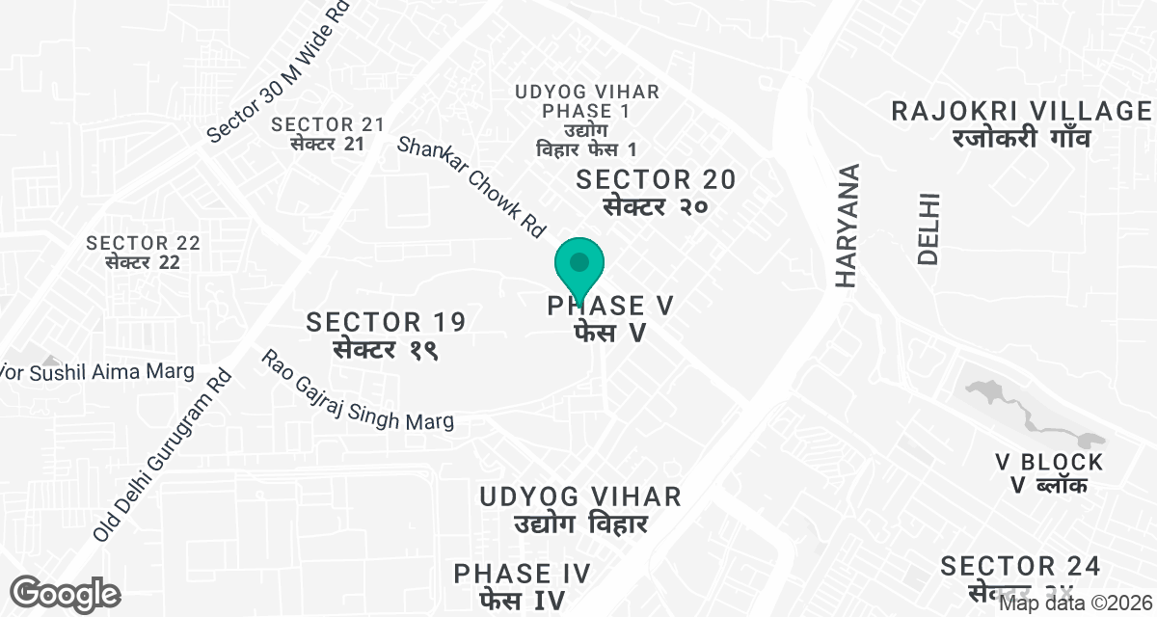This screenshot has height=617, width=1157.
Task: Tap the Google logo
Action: pos(66,593)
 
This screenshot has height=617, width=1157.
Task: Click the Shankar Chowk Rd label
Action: pos(471,187)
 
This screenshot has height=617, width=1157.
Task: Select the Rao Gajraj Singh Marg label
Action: pos(357,390)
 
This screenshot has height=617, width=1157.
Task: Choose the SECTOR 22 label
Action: pos(143,252)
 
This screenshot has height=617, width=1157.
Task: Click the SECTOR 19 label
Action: pos(386,334)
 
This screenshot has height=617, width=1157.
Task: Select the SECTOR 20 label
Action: pos(656,191)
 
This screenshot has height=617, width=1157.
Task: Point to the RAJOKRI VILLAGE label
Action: pos(1021,122)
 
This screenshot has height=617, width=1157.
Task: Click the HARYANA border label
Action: pos(847,227)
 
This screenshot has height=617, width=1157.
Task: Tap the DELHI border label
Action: pos(928,229)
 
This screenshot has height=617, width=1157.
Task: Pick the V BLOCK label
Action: pos(1049,473)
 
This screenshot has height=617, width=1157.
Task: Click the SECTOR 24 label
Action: pos(1020,576)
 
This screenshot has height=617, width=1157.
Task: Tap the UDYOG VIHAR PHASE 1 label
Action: pos(587,121)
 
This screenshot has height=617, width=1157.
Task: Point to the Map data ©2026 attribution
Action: pos(1075,604)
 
